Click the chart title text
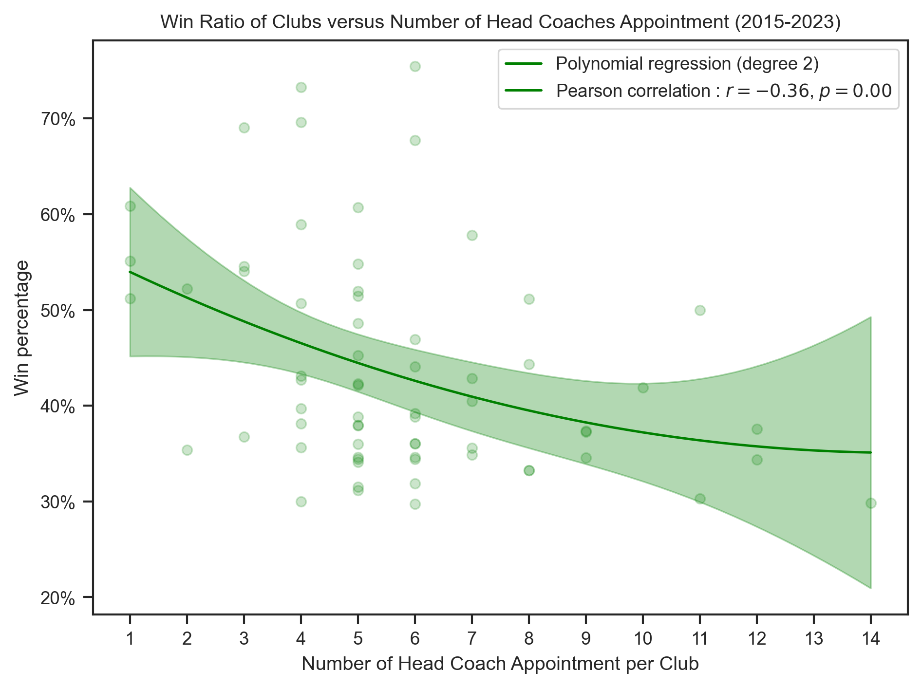pyautogui.click(x=500, y=23)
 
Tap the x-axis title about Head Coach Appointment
pyautogui.click(x=500, y=664)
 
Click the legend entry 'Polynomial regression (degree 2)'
pyautogui.click(x=687, y=63)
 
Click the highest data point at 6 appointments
pyautogui.click(x=415, y=66)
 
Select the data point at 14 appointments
pyautogui.click(x=871, y=503)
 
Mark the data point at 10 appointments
pyautogui.click(x=643, y=388)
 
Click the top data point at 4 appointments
pyautogui.click(x=301, y=87)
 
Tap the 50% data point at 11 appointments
pyautogui.click(x=700, y=310)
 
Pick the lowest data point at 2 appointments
pyautogui.click(x=187, y=450)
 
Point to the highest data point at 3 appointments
pyautogui.click(x=244, y=128)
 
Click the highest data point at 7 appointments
pyautogui.click(x=472, y=235)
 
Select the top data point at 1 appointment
pyautogui.click(x=130, y=206)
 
